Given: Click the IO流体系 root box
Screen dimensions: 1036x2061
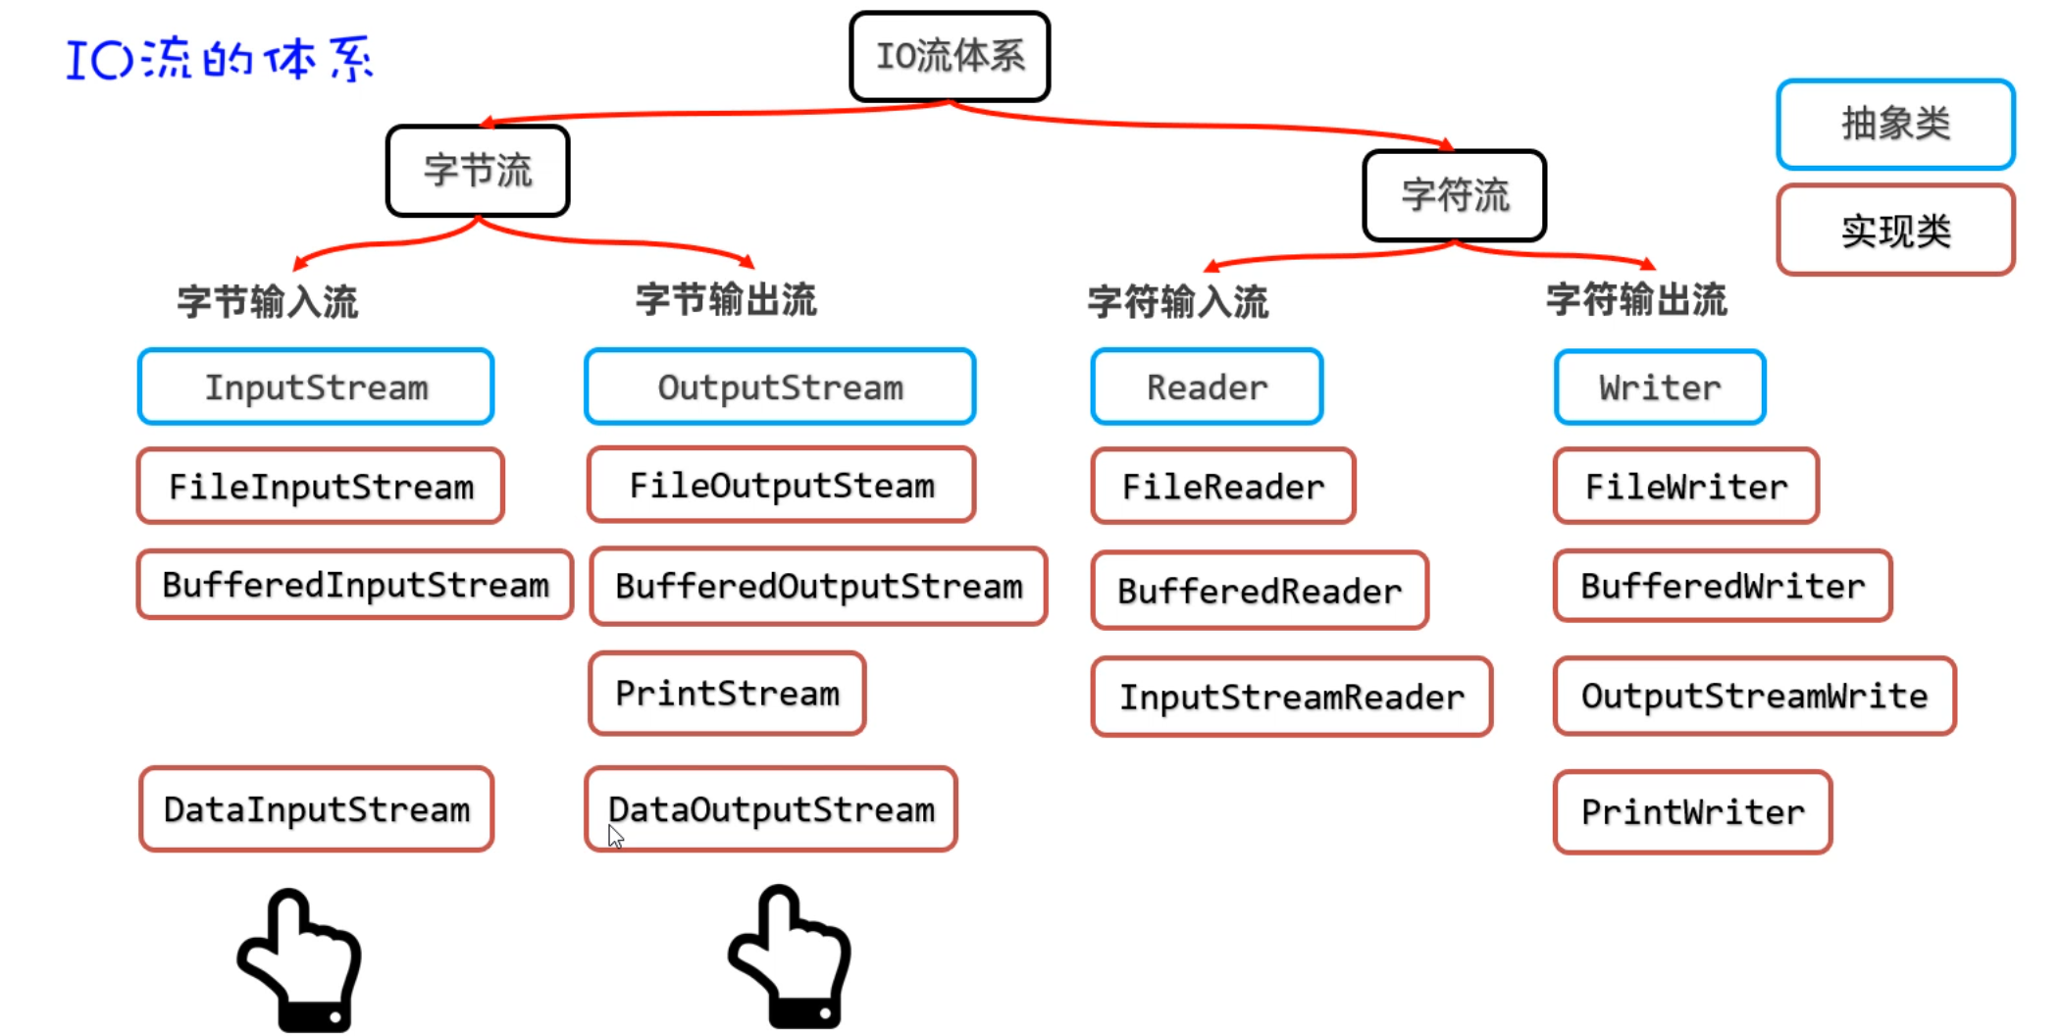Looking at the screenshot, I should pos(950,57).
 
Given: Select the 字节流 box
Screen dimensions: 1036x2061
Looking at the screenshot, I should pos(478,171).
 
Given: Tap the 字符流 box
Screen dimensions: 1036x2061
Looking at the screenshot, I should pos(1455,195).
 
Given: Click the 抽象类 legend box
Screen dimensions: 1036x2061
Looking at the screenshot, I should pos(1895,125).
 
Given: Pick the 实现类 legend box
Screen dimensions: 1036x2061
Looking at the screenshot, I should pos(1895,231).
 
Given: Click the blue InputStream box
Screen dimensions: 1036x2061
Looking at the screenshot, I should pos(316,388).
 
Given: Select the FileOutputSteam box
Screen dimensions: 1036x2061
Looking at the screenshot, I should pos(782,486).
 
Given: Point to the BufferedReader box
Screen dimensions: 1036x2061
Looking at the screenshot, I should pos(1260,591).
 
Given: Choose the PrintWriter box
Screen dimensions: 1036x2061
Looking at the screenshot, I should pos(1692,812).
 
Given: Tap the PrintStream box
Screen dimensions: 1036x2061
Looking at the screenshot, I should pos(727,694).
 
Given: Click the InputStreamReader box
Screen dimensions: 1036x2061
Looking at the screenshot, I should pos(1292,697).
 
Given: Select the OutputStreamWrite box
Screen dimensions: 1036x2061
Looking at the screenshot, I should pos(1754,696).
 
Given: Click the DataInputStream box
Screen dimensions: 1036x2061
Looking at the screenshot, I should pos(316,809).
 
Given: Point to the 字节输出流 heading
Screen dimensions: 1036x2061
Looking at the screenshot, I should pos(726,300).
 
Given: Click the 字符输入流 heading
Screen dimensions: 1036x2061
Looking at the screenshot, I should pos(1178,302).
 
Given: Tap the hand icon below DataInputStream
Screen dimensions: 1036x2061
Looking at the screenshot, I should pos(301,960).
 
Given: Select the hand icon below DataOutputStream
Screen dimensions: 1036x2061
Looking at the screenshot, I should pos(792,958).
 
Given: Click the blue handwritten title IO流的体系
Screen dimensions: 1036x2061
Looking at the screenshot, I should pos(220,59).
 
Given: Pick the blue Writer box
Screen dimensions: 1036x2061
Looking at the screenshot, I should pos(1660,388).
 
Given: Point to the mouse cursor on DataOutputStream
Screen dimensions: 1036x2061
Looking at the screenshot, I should pos(615,836).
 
